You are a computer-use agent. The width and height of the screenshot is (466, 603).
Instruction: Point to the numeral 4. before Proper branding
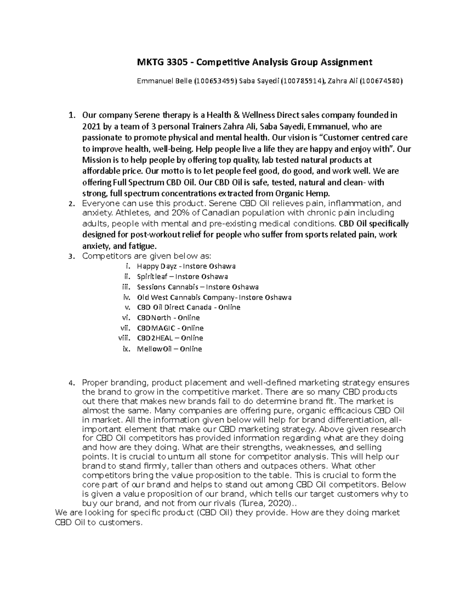click(71, 383)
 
